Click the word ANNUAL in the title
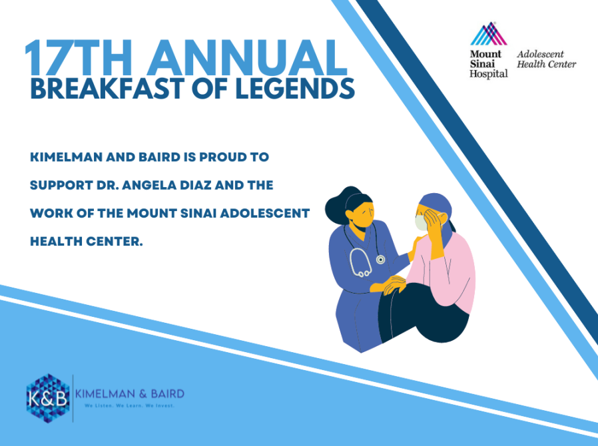pos(247,58)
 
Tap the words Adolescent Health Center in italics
pos(546,59)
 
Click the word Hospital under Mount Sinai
pos(489,74)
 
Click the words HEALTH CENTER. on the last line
pos(87,241)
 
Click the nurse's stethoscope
pos(364,255)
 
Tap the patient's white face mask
pos(421,223)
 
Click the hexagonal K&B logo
pos(48,398)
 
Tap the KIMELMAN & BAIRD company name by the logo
pos(130,394)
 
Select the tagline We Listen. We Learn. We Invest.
pos(130,405)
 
